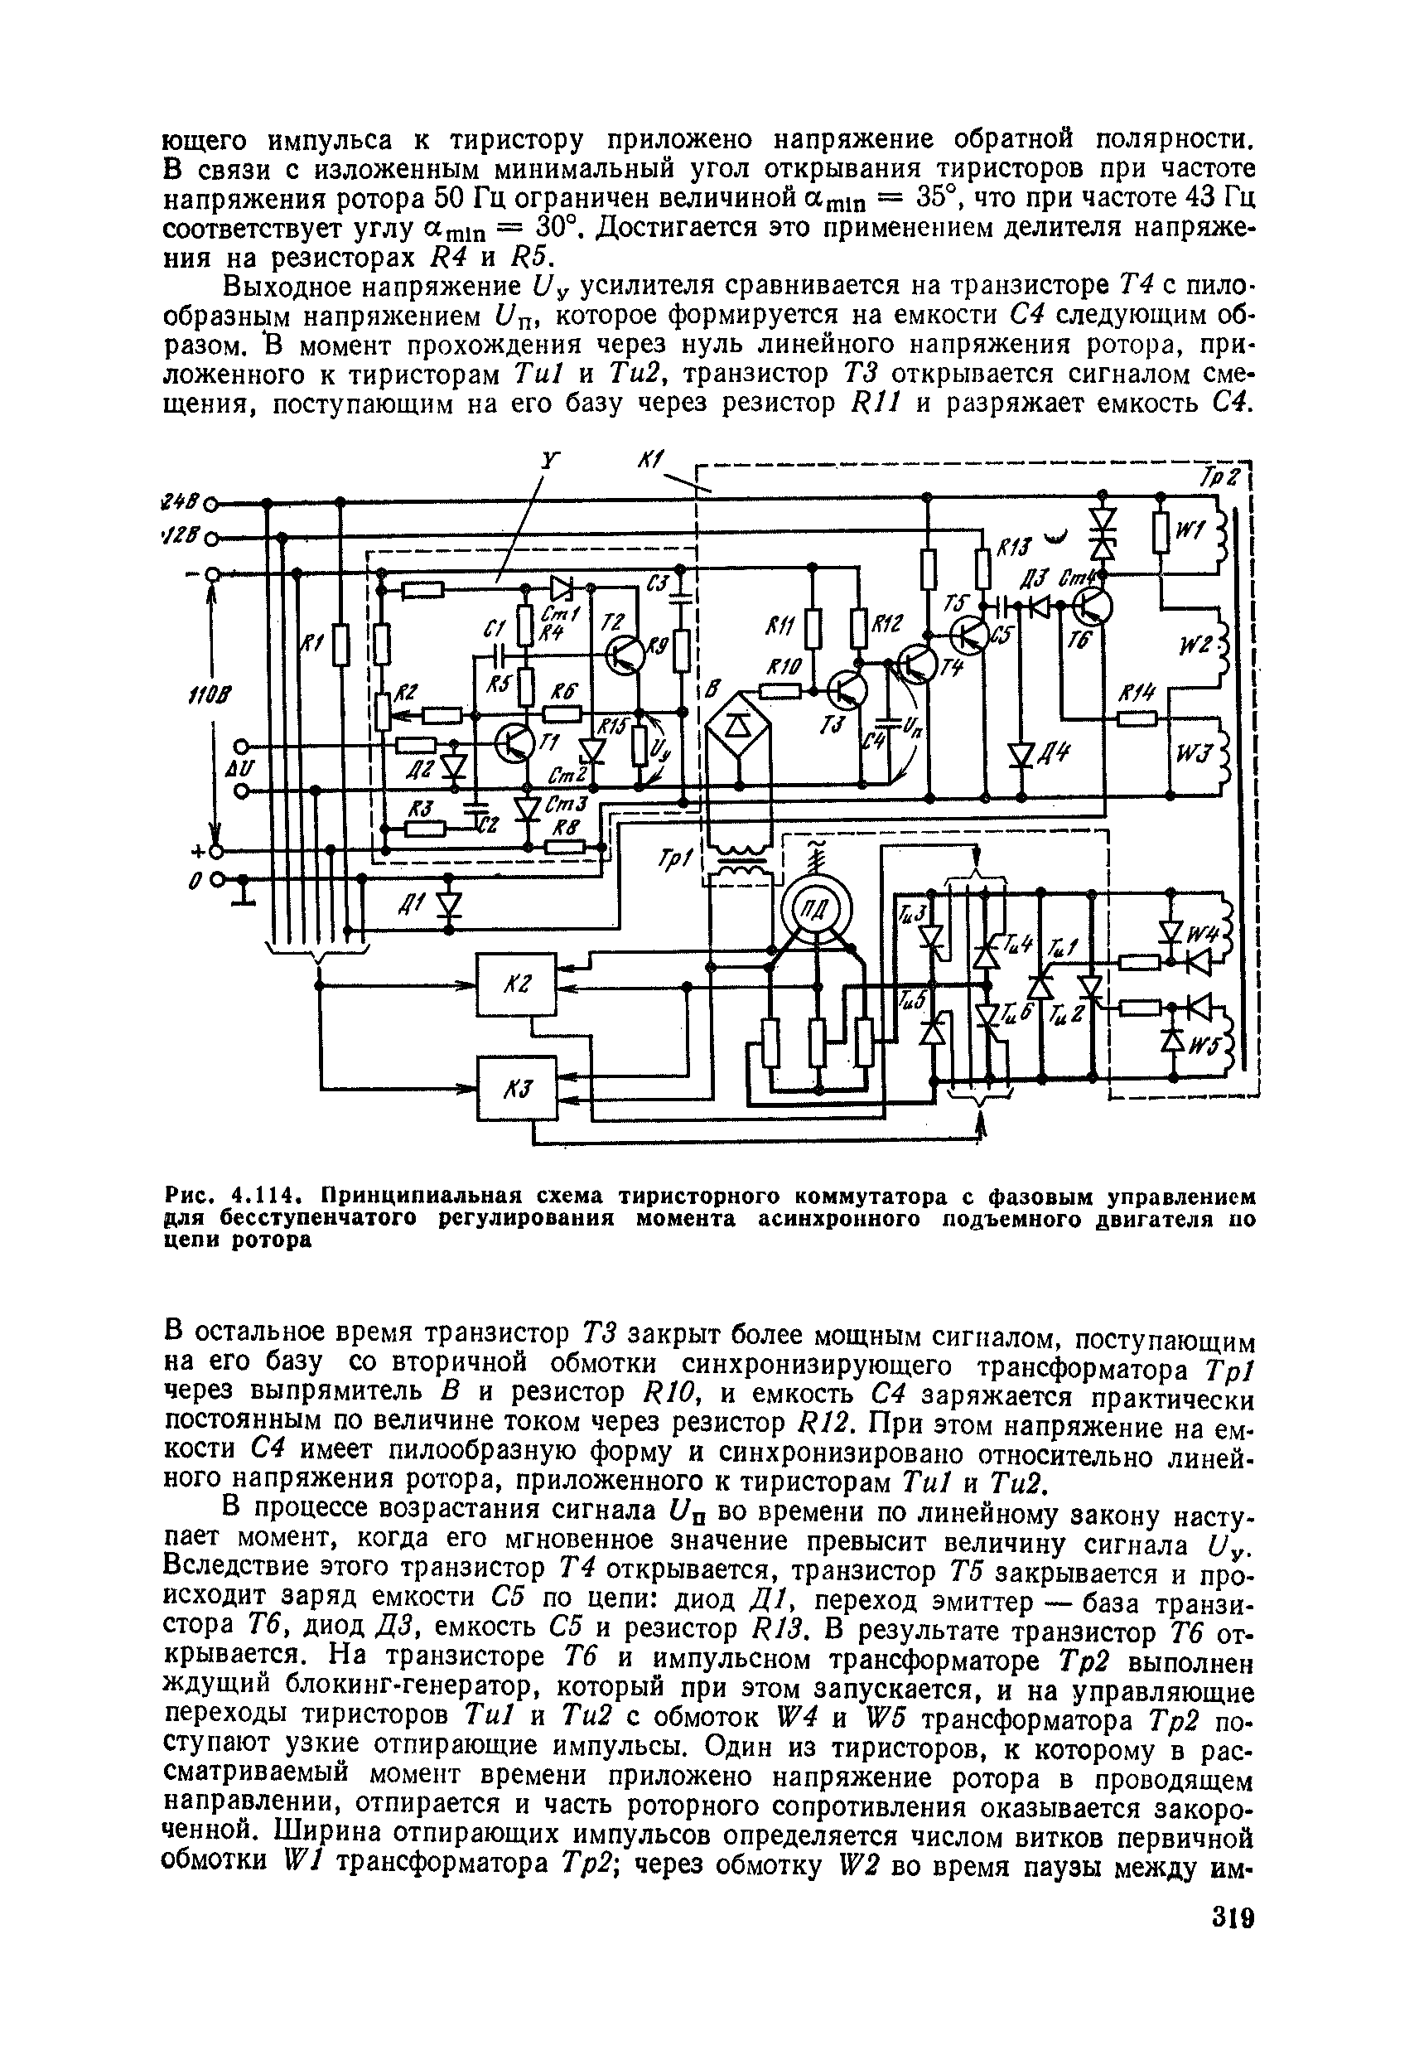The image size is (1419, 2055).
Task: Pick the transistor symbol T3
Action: pos(847,690)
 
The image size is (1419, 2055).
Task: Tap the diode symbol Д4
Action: pos(1021,754)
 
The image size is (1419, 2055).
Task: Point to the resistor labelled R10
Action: pos(780,690)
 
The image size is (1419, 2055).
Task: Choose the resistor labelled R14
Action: pos(1137,718)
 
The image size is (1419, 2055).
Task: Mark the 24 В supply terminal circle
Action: pos(211,504)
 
